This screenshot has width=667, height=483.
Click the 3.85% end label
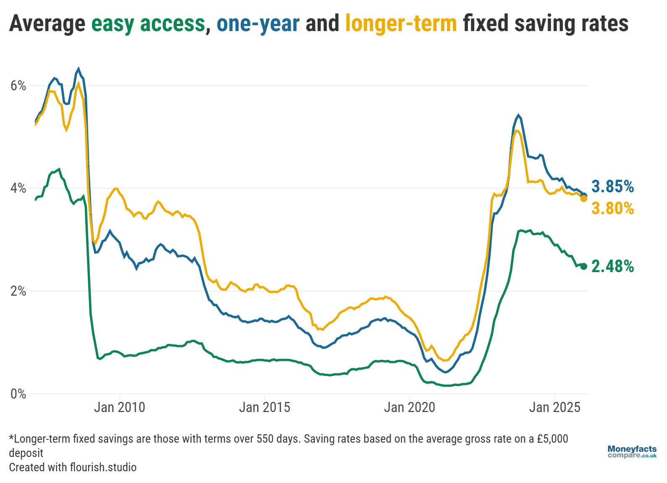click(x=612, y=186)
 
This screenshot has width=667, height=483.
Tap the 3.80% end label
click(x=612, y=208)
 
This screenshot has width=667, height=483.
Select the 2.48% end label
click(x=612, y=266)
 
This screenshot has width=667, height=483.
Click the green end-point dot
click(x=583, y=266)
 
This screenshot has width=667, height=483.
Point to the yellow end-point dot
click(x=583, y=198)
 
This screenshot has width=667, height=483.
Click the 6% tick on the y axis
click(x=18, y=86)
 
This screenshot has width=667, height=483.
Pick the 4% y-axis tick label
click(x=18, y=188)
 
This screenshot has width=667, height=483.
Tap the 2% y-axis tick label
click(x=18, y=291)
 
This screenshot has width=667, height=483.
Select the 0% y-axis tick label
click(x=18, y=394)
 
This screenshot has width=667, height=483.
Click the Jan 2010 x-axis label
click(x=119, y=407)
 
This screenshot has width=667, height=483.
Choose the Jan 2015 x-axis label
click(x=265, y=407)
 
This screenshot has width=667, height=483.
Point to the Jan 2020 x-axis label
click(x=410, y=407)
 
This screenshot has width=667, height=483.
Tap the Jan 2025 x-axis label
click(x=554, y=407)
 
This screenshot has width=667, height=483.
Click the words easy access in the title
click(x=148, y=24)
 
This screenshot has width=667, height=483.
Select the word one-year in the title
click(x=258, y=24)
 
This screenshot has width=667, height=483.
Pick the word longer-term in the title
click(x=401, y=24)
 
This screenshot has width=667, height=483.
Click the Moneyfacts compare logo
click(x=632, y=452)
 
